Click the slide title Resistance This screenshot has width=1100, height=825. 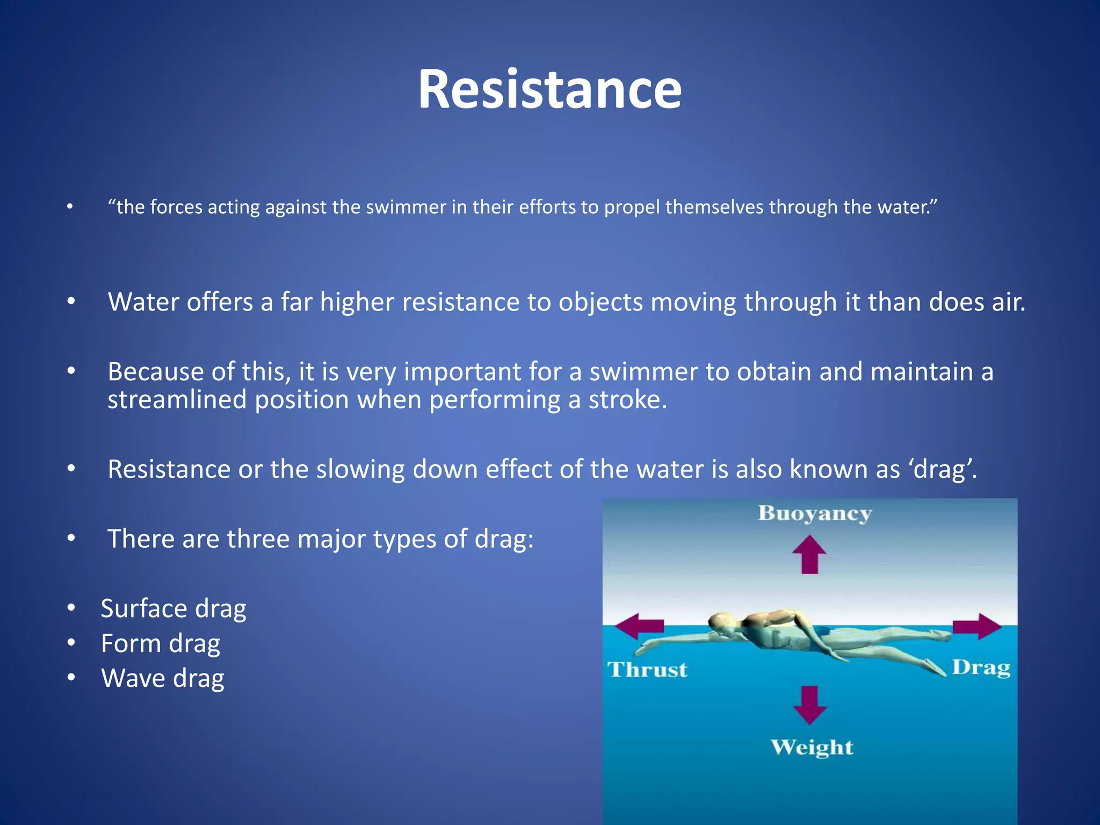pos(549,90)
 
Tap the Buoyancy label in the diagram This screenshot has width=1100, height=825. pos(814,514)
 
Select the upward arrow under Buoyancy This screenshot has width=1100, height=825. pos(809,555)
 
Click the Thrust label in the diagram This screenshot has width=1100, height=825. pos(647,670)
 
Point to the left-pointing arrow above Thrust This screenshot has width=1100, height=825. pos(639,626)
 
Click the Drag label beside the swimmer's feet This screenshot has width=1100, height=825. pos(981,668)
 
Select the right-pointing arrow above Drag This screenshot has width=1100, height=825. pos(978,626)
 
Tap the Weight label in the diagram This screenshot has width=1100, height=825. pos(812,747)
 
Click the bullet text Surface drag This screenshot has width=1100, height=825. pos(173,609)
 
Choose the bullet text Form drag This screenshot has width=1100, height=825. pos(161,643)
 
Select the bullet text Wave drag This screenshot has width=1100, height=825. pos(163,678)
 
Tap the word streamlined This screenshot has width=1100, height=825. pos(177,400)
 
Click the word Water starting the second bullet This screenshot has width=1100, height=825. pos(143,302)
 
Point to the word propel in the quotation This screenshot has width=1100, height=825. pos(632,207)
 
